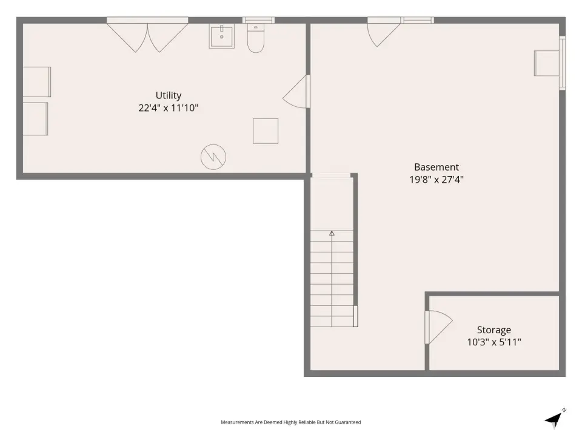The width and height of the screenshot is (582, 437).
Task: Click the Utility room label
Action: pyautogui.click(x=169, y=95)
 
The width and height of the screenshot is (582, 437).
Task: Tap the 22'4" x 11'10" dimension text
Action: pyautogui.click(x=169, y=108)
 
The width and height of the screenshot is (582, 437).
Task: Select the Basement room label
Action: pyautogui.click(x=436, y=167)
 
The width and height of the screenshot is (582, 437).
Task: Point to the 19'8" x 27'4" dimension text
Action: pyautogui.click(x=436, y=180)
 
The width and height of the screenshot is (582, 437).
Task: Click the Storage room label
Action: pyautogui.click(x=494, y=330)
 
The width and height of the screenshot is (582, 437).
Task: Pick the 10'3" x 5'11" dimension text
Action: pyautogui.click(x=494, y=342)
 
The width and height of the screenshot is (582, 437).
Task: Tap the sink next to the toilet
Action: pyautogui.click(x=222, y=36)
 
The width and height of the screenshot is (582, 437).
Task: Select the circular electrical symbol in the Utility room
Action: pyautogui.click(x=213, y=157)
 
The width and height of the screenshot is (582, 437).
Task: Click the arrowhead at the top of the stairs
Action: pyautogui.click(x=332, y=233)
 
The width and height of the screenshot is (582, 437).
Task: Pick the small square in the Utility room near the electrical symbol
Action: pyautogui.click(x=266, y=131)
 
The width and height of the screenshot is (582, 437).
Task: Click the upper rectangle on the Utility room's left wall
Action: pyautogui.click(x=37, y=82)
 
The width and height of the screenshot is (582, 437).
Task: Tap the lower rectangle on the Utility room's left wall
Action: pyautogui.click(x=35, y=119)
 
